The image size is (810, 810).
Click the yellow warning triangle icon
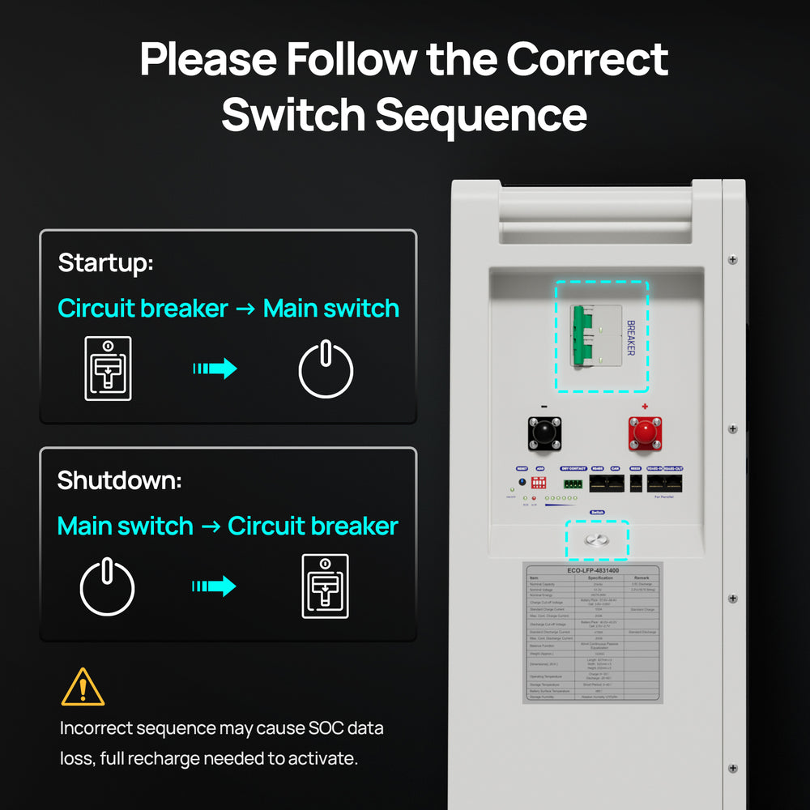click(x=83, y=687)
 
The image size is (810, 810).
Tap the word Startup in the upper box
click(x=105, y=263)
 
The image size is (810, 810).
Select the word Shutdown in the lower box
click(x=119, y=480)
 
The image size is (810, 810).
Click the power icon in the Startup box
click(x=326, y=369)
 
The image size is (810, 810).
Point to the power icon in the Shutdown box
click(x=107, y=586)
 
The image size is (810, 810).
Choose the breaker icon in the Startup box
click(x=108, y=369)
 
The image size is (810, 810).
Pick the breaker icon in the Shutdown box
click(x=325, y=586)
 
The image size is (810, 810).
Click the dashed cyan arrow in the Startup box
click(x=215, y=369)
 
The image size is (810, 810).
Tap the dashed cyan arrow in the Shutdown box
click(x=214, y=586)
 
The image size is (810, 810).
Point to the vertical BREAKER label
click(x=631, y=337)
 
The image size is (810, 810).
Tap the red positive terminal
click(x=645, y=433)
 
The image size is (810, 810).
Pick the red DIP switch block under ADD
click(x=539, y=482)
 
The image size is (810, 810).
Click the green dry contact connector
click(x=573, y=483)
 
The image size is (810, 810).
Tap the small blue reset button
click(x=522, y=481)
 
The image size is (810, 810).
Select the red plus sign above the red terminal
click(x=645, y=407)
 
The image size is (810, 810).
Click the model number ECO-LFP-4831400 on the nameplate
click(x=593, y=569)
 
